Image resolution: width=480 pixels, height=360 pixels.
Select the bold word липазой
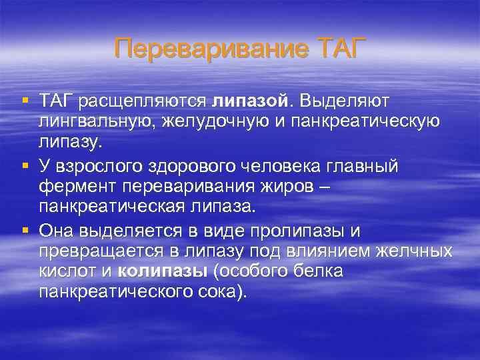[x=251, y=101]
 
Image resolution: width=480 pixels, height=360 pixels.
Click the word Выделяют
[x=345, y=101]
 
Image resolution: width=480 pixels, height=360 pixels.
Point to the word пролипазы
[x=304, y=231]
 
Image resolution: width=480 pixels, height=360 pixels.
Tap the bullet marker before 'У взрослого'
[x=25, y=165]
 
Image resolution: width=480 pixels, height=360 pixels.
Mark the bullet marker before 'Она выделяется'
[x=25, y=230]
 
